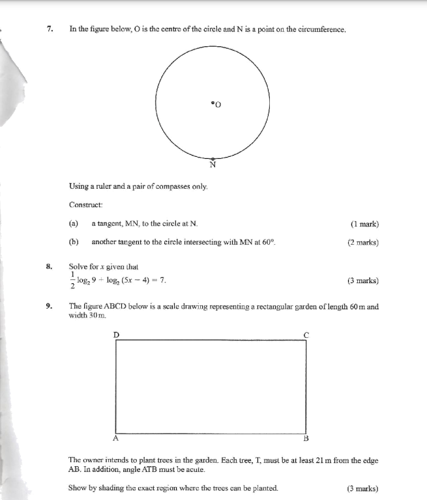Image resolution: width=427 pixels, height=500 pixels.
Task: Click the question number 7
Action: point(50,30)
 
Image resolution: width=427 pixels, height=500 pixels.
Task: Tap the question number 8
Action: point(49,266)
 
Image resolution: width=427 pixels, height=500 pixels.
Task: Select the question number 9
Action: point(49,306)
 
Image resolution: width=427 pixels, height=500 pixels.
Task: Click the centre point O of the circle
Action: point(213,102)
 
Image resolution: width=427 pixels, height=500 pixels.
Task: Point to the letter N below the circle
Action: point(213,165)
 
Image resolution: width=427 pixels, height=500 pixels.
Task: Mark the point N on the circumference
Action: point(213,158)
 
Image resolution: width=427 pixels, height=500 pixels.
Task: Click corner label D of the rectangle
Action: point(116,334)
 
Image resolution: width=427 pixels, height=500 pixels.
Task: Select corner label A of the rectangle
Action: point(116,438)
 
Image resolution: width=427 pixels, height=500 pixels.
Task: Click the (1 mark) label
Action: point(364,224)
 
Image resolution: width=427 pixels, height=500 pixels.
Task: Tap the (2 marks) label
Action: point(363,242)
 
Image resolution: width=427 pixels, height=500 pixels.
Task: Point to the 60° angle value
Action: point(269,242)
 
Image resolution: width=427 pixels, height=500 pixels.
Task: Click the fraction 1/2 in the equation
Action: point(72,281)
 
